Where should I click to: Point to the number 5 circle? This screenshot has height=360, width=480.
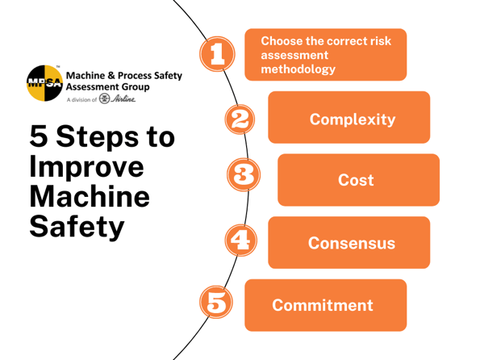click(217, 304)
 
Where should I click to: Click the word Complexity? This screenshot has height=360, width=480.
click(353, 120)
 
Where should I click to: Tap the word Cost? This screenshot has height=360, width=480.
click(356, 180)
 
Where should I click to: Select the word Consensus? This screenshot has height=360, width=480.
click(352, 242)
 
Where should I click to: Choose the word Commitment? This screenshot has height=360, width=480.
click(323, 305)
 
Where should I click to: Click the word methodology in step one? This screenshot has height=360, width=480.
click(298, 69)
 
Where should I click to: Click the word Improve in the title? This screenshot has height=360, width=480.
click(86, 168)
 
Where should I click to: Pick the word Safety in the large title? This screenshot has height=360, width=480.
click(77, 226)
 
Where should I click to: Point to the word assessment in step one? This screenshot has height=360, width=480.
click(294, 55)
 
